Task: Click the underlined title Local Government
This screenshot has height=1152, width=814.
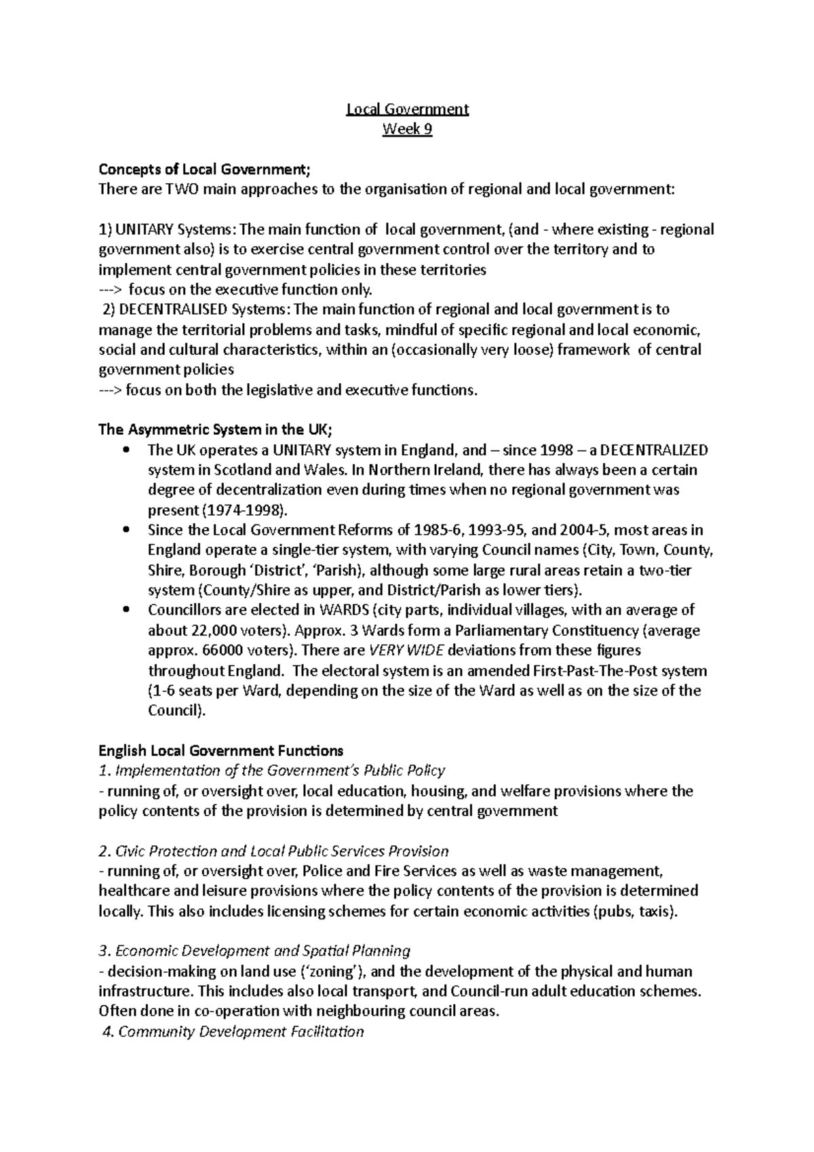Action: click(407, 109)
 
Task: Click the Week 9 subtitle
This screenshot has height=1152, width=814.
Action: click(407, 130)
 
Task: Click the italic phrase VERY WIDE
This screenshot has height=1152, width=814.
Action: click(405, 651)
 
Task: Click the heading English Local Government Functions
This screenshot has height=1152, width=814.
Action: click(220, 751)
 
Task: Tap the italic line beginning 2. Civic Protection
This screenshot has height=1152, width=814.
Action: click(273, 851)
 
